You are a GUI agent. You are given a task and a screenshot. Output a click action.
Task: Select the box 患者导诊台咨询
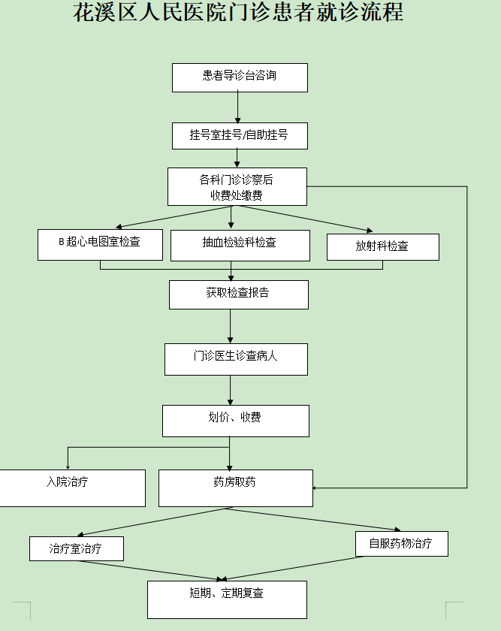pos(240,77)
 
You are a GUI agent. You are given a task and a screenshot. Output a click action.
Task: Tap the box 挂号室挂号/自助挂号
pos(240,136)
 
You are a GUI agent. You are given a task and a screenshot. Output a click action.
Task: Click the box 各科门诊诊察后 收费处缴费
pos(237,186)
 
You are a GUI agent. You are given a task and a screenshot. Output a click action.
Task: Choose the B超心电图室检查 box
pos(100,244)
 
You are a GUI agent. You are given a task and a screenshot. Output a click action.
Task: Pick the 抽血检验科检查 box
pos(240,245)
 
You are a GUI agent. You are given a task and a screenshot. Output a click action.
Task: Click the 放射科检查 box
pos(382,246)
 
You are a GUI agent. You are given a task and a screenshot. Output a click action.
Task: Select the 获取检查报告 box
pos(238,294)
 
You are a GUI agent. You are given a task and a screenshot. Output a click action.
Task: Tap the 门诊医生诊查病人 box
pos(236,359)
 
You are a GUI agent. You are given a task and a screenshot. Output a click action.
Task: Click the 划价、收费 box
pos(235,421)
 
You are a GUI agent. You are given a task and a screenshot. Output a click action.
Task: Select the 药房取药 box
pos(235,488)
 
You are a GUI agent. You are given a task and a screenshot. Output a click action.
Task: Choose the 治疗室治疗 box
pos(76,548)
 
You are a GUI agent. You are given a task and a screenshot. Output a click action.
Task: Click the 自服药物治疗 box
pos(401,544)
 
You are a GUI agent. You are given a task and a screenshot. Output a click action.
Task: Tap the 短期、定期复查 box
pos(227,599)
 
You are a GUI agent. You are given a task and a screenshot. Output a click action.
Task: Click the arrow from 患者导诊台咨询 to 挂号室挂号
pos(238,107)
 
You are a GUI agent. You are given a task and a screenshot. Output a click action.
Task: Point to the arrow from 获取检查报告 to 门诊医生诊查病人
pos(231,326)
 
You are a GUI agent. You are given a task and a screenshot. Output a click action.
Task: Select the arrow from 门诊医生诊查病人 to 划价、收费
pos(231,390)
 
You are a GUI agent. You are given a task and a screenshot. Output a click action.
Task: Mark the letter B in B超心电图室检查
pos(62,242)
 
